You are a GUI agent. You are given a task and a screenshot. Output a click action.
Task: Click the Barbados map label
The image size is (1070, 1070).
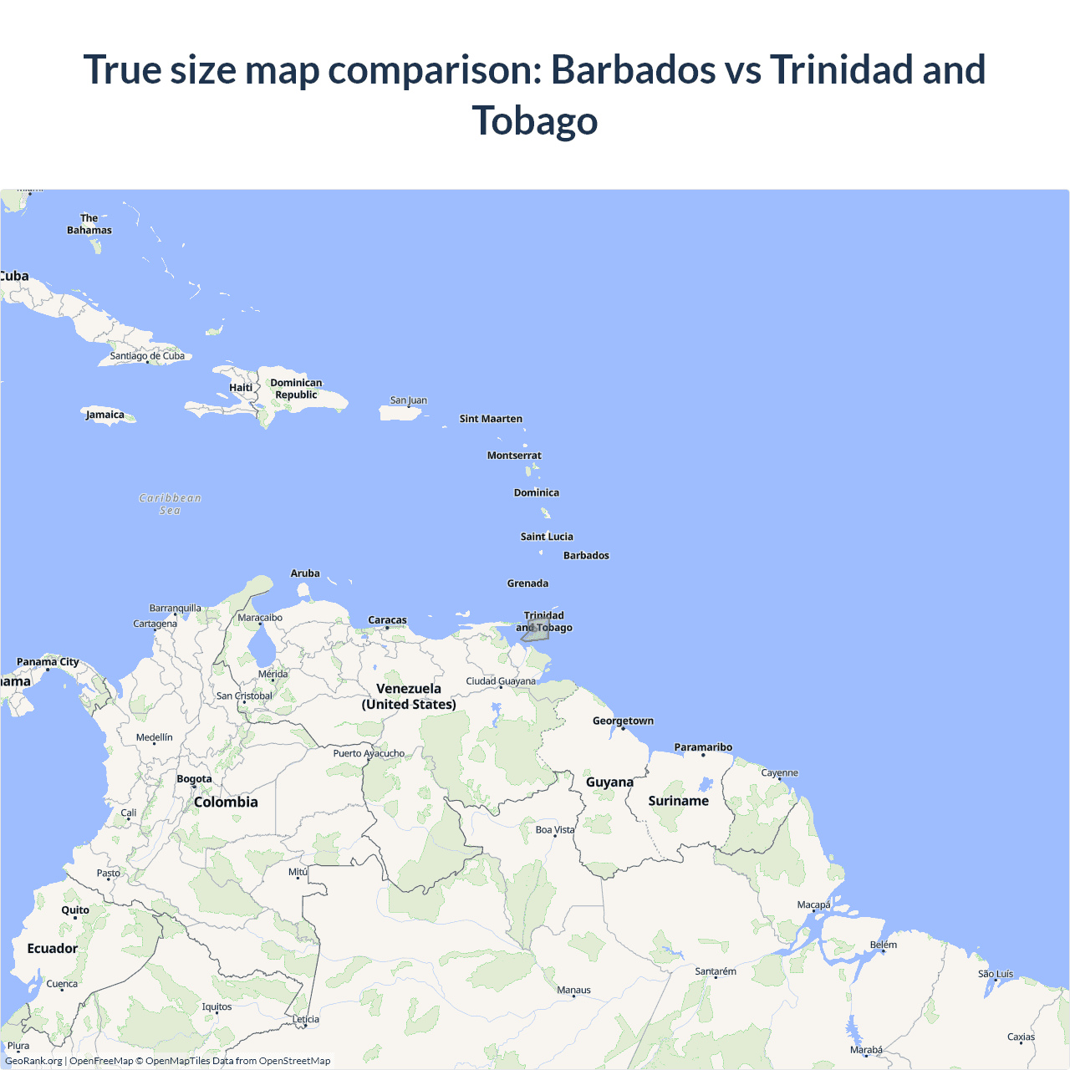click(586, 556)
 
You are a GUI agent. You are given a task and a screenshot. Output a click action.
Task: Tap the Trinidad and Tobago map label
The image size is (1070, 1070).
click(544, 621)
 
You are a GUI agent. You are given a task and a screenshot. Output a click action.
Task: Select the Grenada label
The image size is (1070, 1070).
click(527, 583)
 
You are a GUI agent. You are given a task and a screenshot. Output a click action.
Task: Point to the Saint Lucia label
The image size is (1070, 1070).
click(547, 537)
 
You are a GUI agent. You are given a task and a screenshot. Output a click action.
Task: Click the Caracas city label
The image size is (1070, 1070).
click(387, 620)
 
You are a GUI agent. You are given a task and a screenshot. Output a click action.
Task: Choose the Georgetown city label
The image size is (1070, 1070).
click(623, 721)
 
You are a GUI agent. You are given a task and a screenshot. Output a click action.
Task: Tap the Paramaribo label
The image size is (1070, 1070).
click(703, 747)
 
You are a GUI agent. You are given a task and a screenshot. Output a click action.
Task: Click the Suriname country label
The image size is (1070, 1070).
click(678, 801)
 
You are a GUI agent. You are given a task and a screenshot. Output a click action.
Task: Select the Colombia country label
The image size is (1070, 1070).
click(226, 802)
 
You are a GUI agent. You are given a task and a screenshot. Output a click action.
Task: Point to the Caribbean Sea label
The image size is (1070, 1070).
click(170, 504)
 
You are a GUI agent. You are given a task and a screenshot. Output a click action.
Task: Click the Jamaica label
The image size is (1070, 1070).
click(104, 415)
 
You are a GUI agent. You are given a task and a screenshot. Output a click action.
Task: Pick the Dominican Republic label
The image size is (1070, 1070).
click(296, 389)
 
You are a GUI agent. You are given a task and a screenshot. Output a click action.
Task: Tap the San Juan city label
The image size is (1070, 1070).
click(408, 400)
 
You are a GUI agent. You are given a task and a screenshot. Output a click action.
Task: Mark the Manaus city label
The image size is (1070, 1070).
click(573, 991)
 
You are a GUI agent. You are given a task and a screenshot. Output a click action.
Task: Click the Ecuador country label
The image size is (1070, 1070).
click(52, 949)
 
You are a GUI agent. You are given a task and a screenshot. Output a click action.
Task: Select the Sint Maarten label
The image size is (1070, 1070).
click(491, 419)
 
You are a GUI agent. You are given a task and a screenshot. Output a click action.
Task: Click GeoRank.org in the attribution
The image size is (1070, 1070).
click(33, 1061)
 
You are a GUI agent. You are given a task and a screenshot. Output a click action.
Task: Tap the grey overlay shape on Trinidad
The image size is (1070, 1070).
click(538, 633)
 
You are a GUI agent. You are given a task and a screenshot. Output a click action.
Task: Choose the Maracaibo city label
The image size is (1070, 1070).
click(260, 618)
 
